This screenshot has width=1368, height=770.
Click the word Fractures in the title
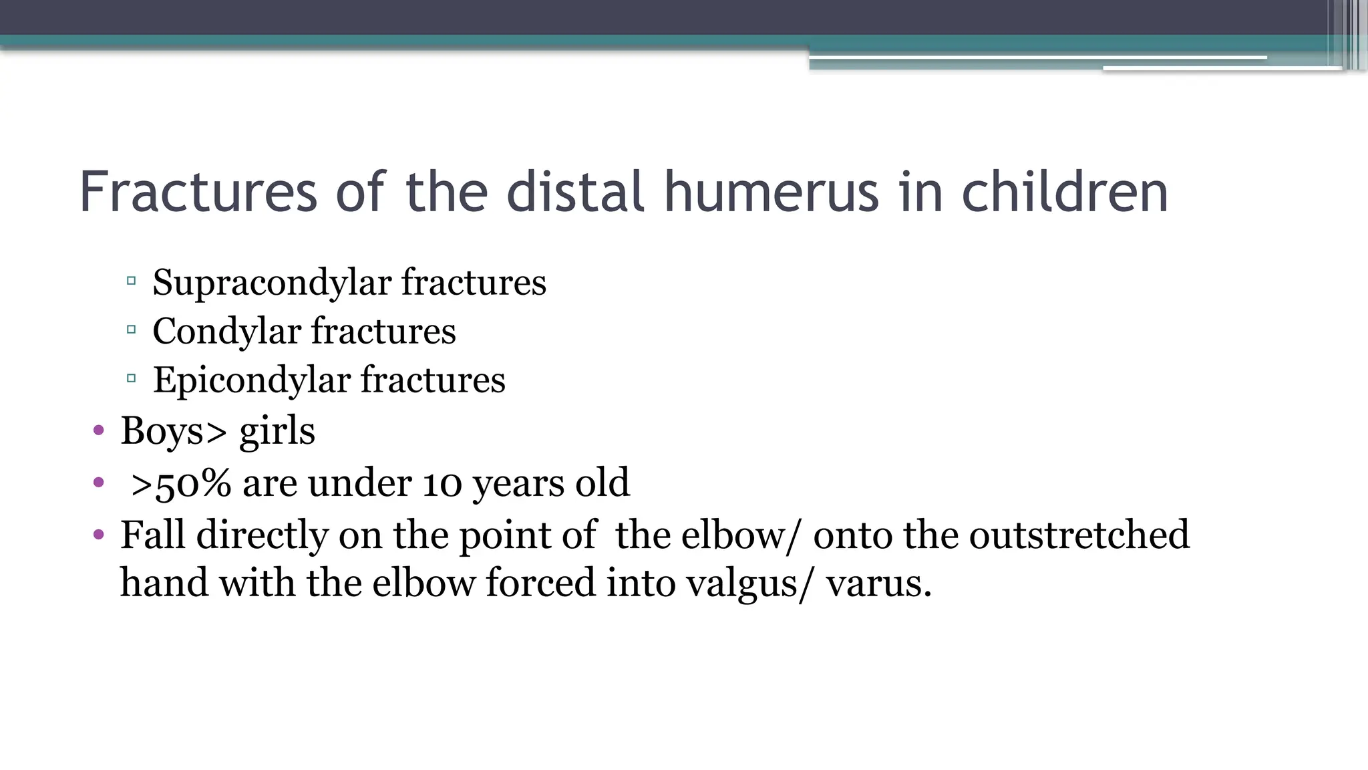pos(198,192)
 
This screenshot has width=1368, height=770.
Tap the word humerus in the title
pos(771,192)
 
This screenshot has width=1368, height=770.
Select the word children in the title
pos(1065,192)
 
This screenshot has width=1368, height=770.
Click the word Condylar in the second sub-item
pos(226,332)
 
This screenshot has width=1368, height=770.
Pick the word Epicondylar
pos(252,380)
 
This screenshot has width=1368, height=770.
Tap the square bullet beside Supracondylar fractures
pos(131,281)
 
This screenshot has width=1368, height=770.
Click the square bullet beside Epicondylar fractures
pos(131,378)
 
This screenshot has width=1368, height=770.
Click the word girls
pos(277,432)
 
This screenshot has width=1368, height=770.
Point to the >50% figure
pos(181,483)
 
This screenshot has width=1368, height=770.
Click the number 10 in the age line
pos(442,483)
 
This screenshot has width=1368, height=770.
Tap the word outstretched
pos(1079,535)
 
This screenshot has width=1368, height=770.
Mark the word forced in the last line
pos(540,582)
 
